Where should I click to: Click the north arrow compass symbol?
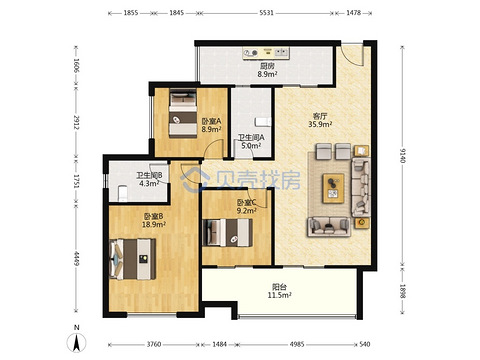[x=76, y=342]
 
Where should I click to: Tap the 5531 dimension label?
[x=266, y=13]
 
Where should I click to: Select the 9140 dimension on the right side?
[x=402, y=155]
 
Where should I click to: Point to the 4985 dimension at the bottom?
[x=297, y=344]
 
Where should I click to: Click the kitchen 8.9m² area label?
[x=267, y=74]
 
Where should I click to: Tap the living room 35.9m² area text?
[x=320, y=124]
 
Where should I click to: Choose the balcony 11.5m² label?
[x=280, y=295]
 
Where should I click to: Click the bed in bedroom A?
[x=183, y=113]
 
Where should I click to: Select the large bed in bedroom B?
[x=133, y=259]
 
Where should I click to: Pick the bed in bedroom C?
[x=227, y=232]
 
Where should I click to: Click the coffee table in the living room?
[x=333, y=188]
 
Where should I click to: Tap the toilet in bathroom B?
[x=123, y=193]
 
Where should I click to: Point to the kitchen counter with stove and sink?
[x=266, y=53]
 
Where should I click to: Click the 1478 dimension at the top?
[x=353, y=13]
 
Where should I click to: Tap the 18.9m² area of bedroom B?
[x=154, y=224]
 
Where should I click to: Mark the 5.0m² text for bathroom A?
[x=251, y=146]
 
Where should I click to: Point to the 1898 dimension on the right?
[x=402, y=291]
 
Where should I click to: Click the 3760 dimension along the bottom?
[x=154, y=344]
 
